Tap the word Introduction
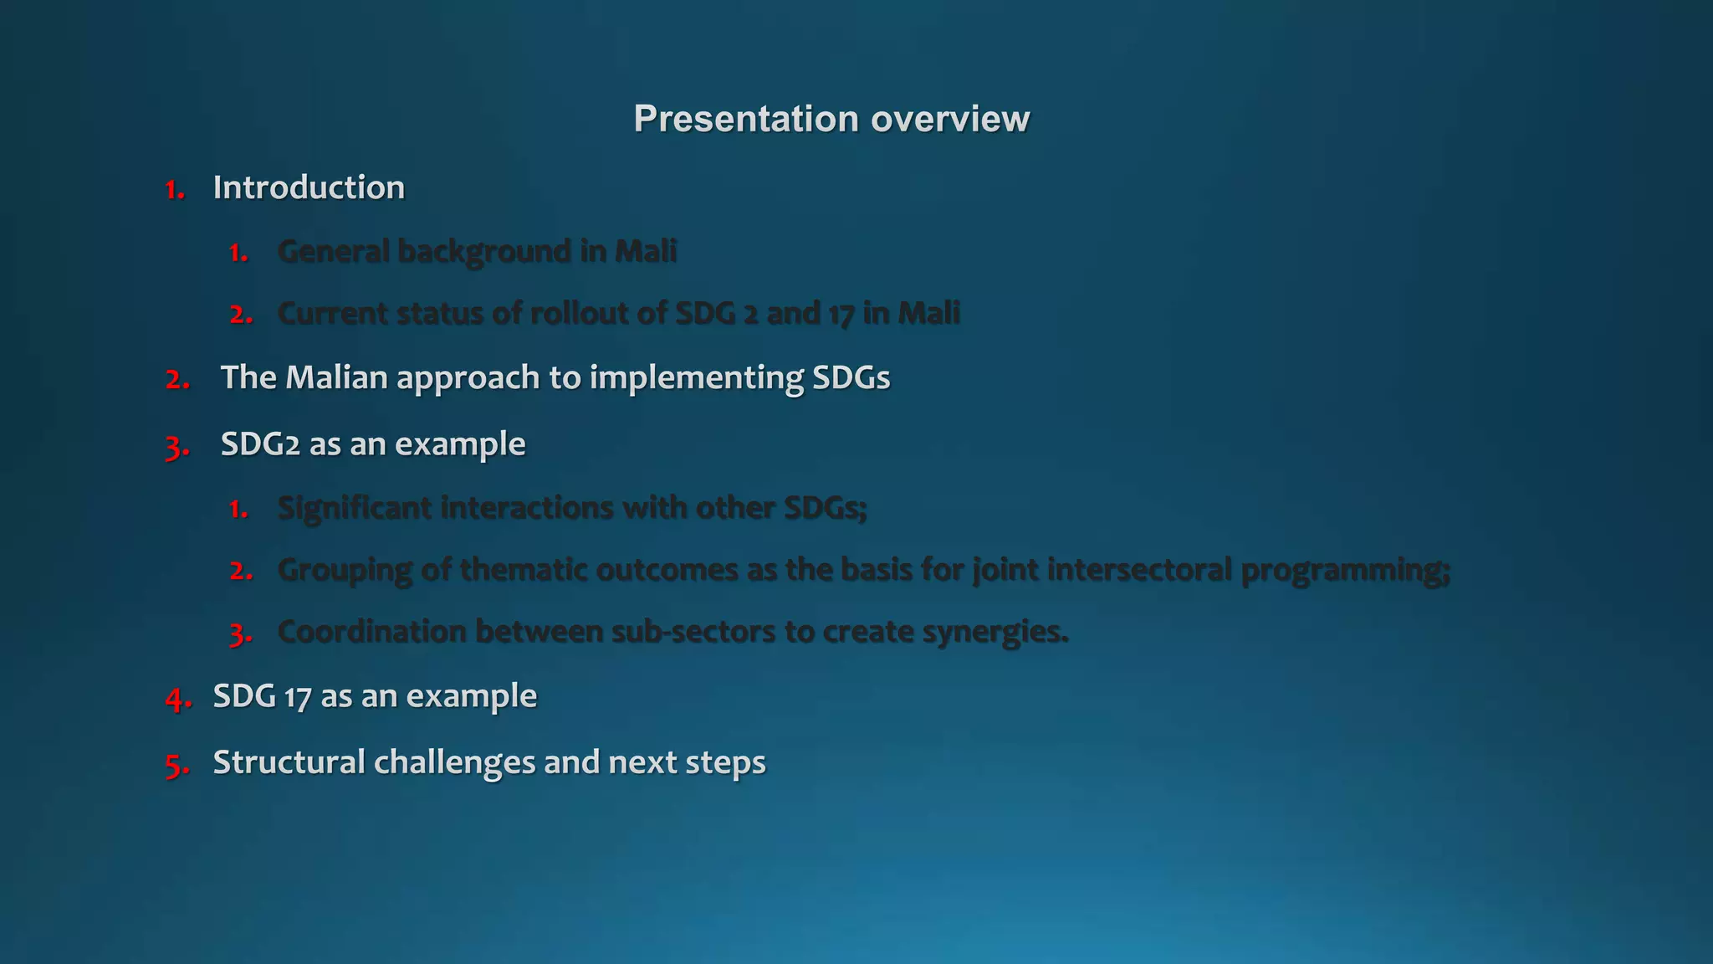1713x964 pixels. click(x=309, y=187)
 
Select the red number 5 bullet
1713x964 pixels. click(x=176, y=765)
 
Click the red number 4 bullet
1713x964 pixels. click(x=177, y=698)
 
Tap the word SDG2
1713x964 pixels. click(x=260, y=444)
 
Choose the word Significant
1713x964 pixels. click(x=354, y=508)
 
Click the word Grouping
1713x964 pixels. click(x=345, y=571)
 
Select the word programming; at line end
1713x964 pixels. click(x=1345, y=571)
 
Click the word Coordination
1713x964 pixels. click(x=372, y=632)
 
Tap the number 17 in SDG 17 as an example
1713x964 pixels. click(x=298, y=697)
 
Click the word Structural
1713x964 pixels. click(x=289, y=762)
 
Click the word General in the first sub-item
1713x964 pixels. click(x=333, y=251)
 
